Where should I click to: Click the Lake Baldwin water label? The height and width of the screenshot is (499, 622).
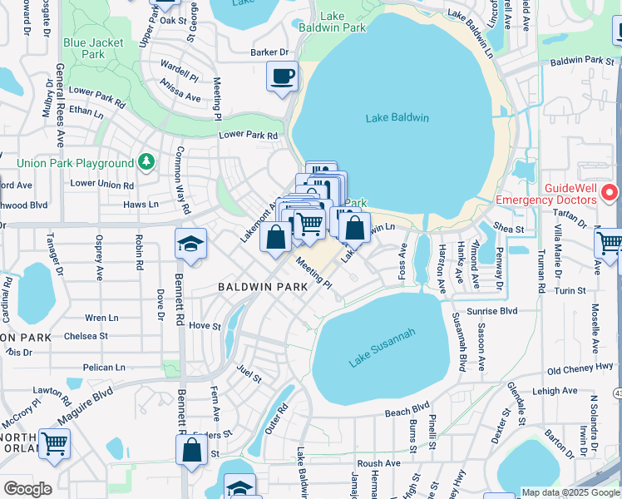point(397,118)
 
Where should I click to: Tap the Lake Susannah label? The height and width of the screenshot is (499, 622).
point(382,348)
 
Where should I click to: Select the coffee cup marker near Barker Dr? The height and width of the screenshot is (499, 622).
point(282,77)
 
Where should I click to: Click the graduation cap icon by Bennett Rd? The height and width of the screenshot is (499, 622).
point(190,245)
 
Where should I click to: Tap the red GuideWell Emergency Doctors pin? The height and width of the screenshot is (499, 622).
point(610,193)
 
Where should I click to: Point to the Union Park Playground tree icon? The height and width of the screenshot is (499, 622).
point(146,161)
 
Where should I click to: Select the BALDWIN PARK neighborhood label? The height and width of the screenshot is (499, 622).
point(263,286)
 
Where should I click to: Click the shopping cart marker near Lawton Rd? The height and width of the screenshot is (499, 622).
point(54,443)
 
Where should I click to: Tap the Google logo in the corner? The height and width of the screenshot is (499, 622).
point(27,489)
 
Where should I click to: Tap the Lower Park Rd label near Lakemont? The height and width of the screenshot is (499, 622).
point(247,135)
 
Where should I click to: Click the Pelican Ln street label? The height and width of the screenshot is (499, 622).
point(103,367)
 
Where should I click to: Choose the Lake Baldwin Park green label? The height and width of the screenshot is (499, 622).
point(343,22)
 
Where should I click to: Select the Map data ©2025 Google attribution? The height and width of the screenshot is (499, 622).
point(570,492)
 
